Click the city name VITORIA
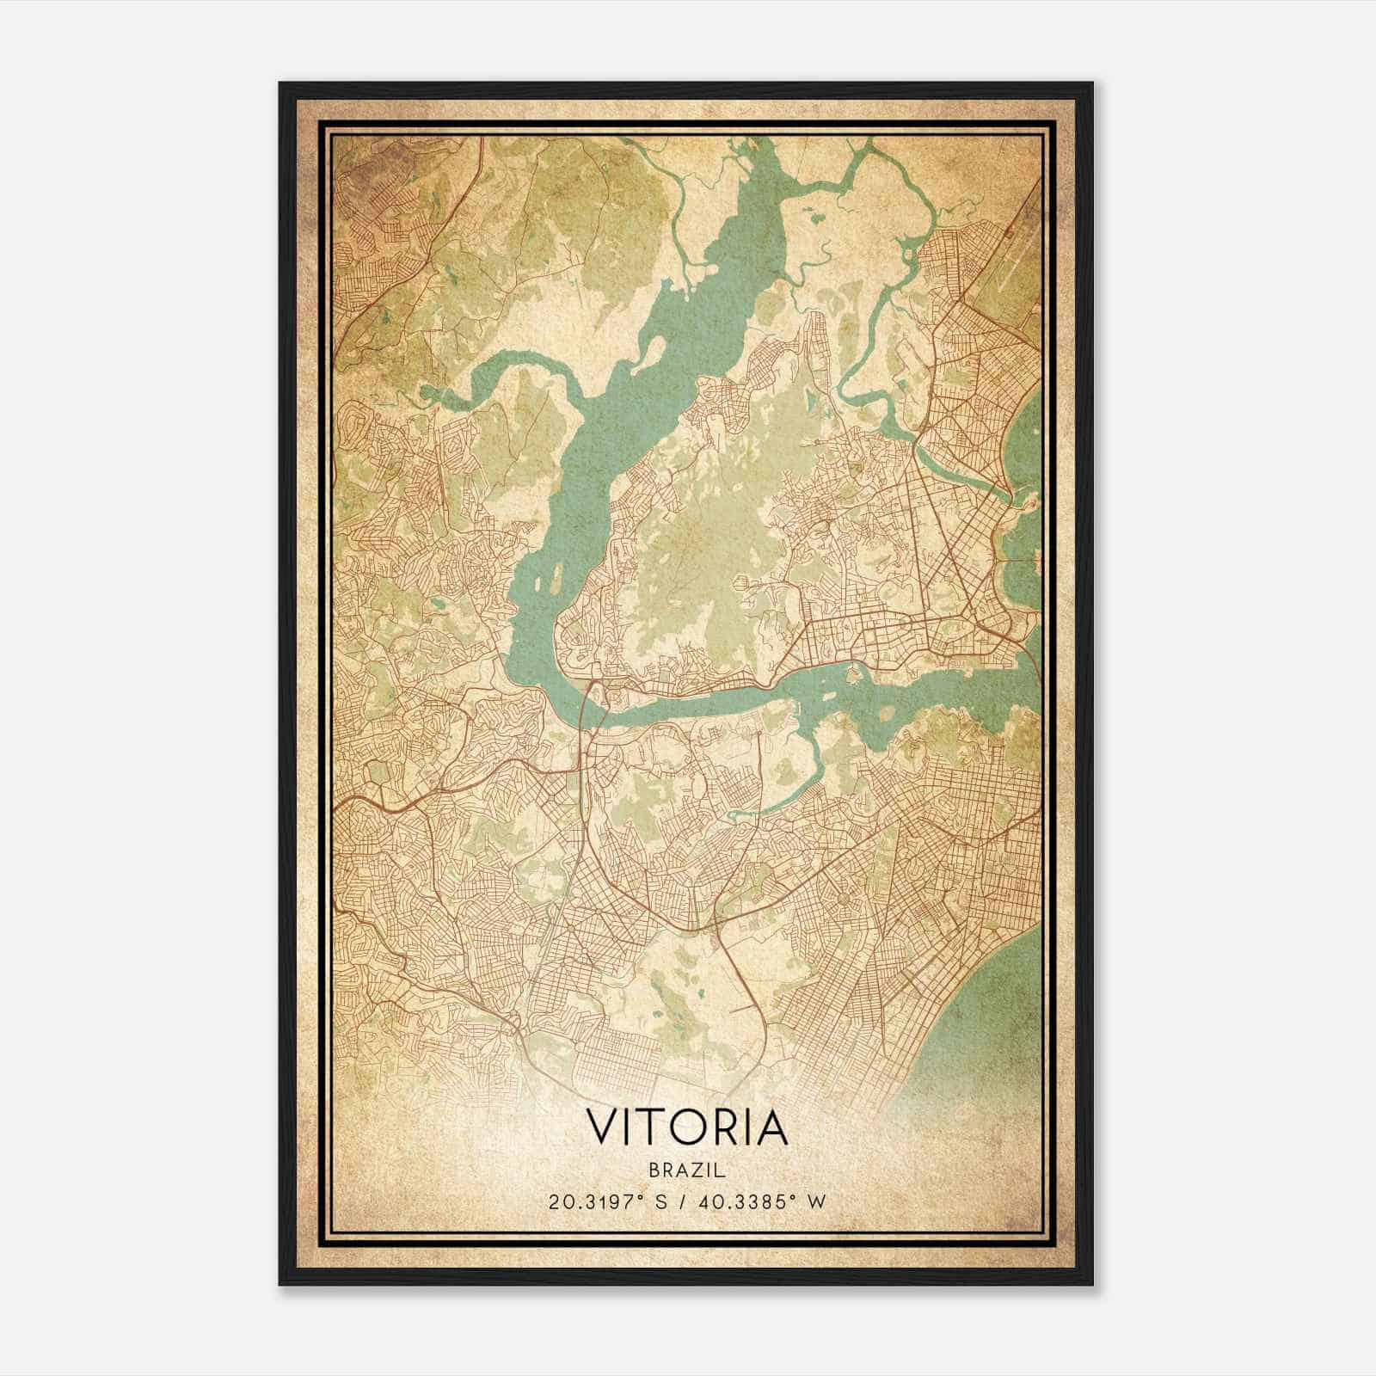(x=687, y=1127)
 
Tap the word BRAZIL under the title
(x=687, y=1170)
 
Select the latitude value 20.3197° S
(x=608, y=1201)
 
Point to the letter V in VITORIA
(x=601, y=1127)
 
